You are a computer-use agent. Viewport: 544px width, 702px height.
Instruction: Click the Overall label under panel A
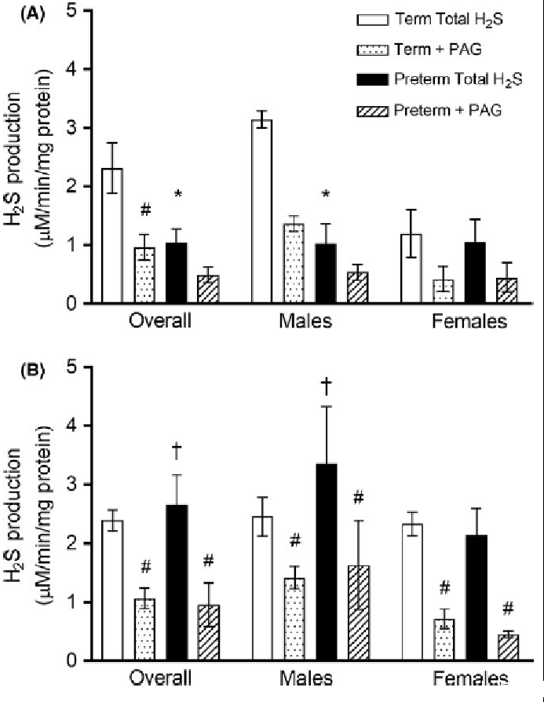tap(159, 322)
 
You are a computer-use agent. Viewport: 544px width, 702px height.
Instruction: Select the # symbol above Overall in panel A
tap(144, 210)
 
